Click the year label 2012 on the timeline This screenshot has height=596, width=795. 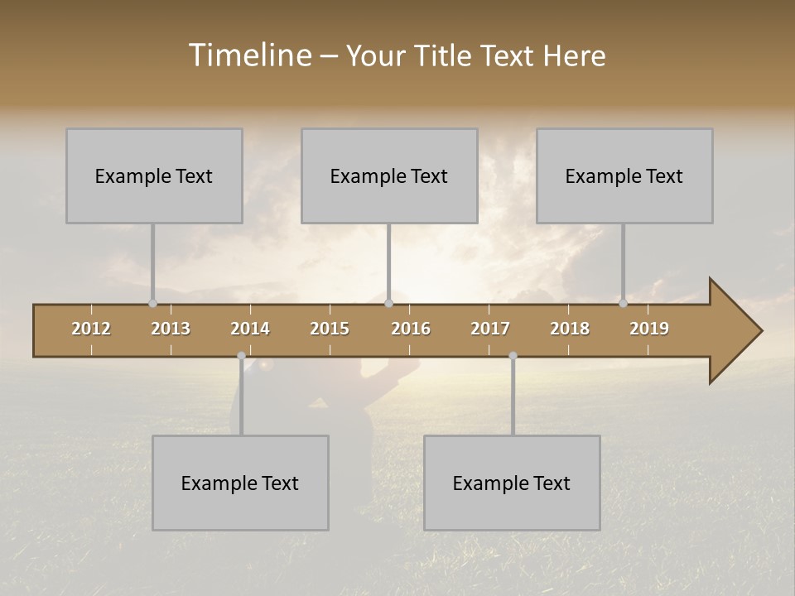tap(91, 329)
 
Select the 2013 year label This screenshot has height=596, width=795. tap(171, 329)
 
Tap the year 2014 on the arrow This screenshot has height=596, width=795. tap(250, 329)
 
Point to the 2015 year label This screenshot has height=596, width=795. tap(330, 329)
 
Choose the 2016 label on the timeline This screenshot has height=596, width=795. tap(411, 329)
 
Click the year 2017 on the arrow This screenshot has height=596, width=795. tap(490, 329)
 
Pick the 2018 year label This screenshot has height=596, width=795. tap(570, 329)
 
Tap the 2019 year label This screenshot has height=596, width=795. tap(649, 329)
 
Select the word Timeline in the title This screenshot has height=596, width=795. tap(249, 55)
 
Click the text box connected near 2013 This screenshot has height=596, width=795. tap(154, 175)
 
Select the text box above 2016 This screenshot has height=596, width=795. tap(389, 175)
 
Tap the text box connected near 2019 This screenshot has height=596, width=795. tap(624, 175)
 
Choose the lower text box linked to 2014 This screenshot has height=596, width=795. tap(240, 483)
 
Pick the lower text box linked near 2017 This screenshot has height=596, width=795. tap(512, 483)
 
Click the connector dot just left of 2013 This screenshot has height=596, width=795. tap(152, 303)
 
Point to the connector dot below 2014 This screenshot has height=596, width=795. tap(241, 356)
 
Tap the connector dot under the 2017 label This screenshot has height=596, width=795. tap(513, 356)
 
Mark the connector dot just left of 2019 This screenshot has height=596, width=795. tap(623, 303)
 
